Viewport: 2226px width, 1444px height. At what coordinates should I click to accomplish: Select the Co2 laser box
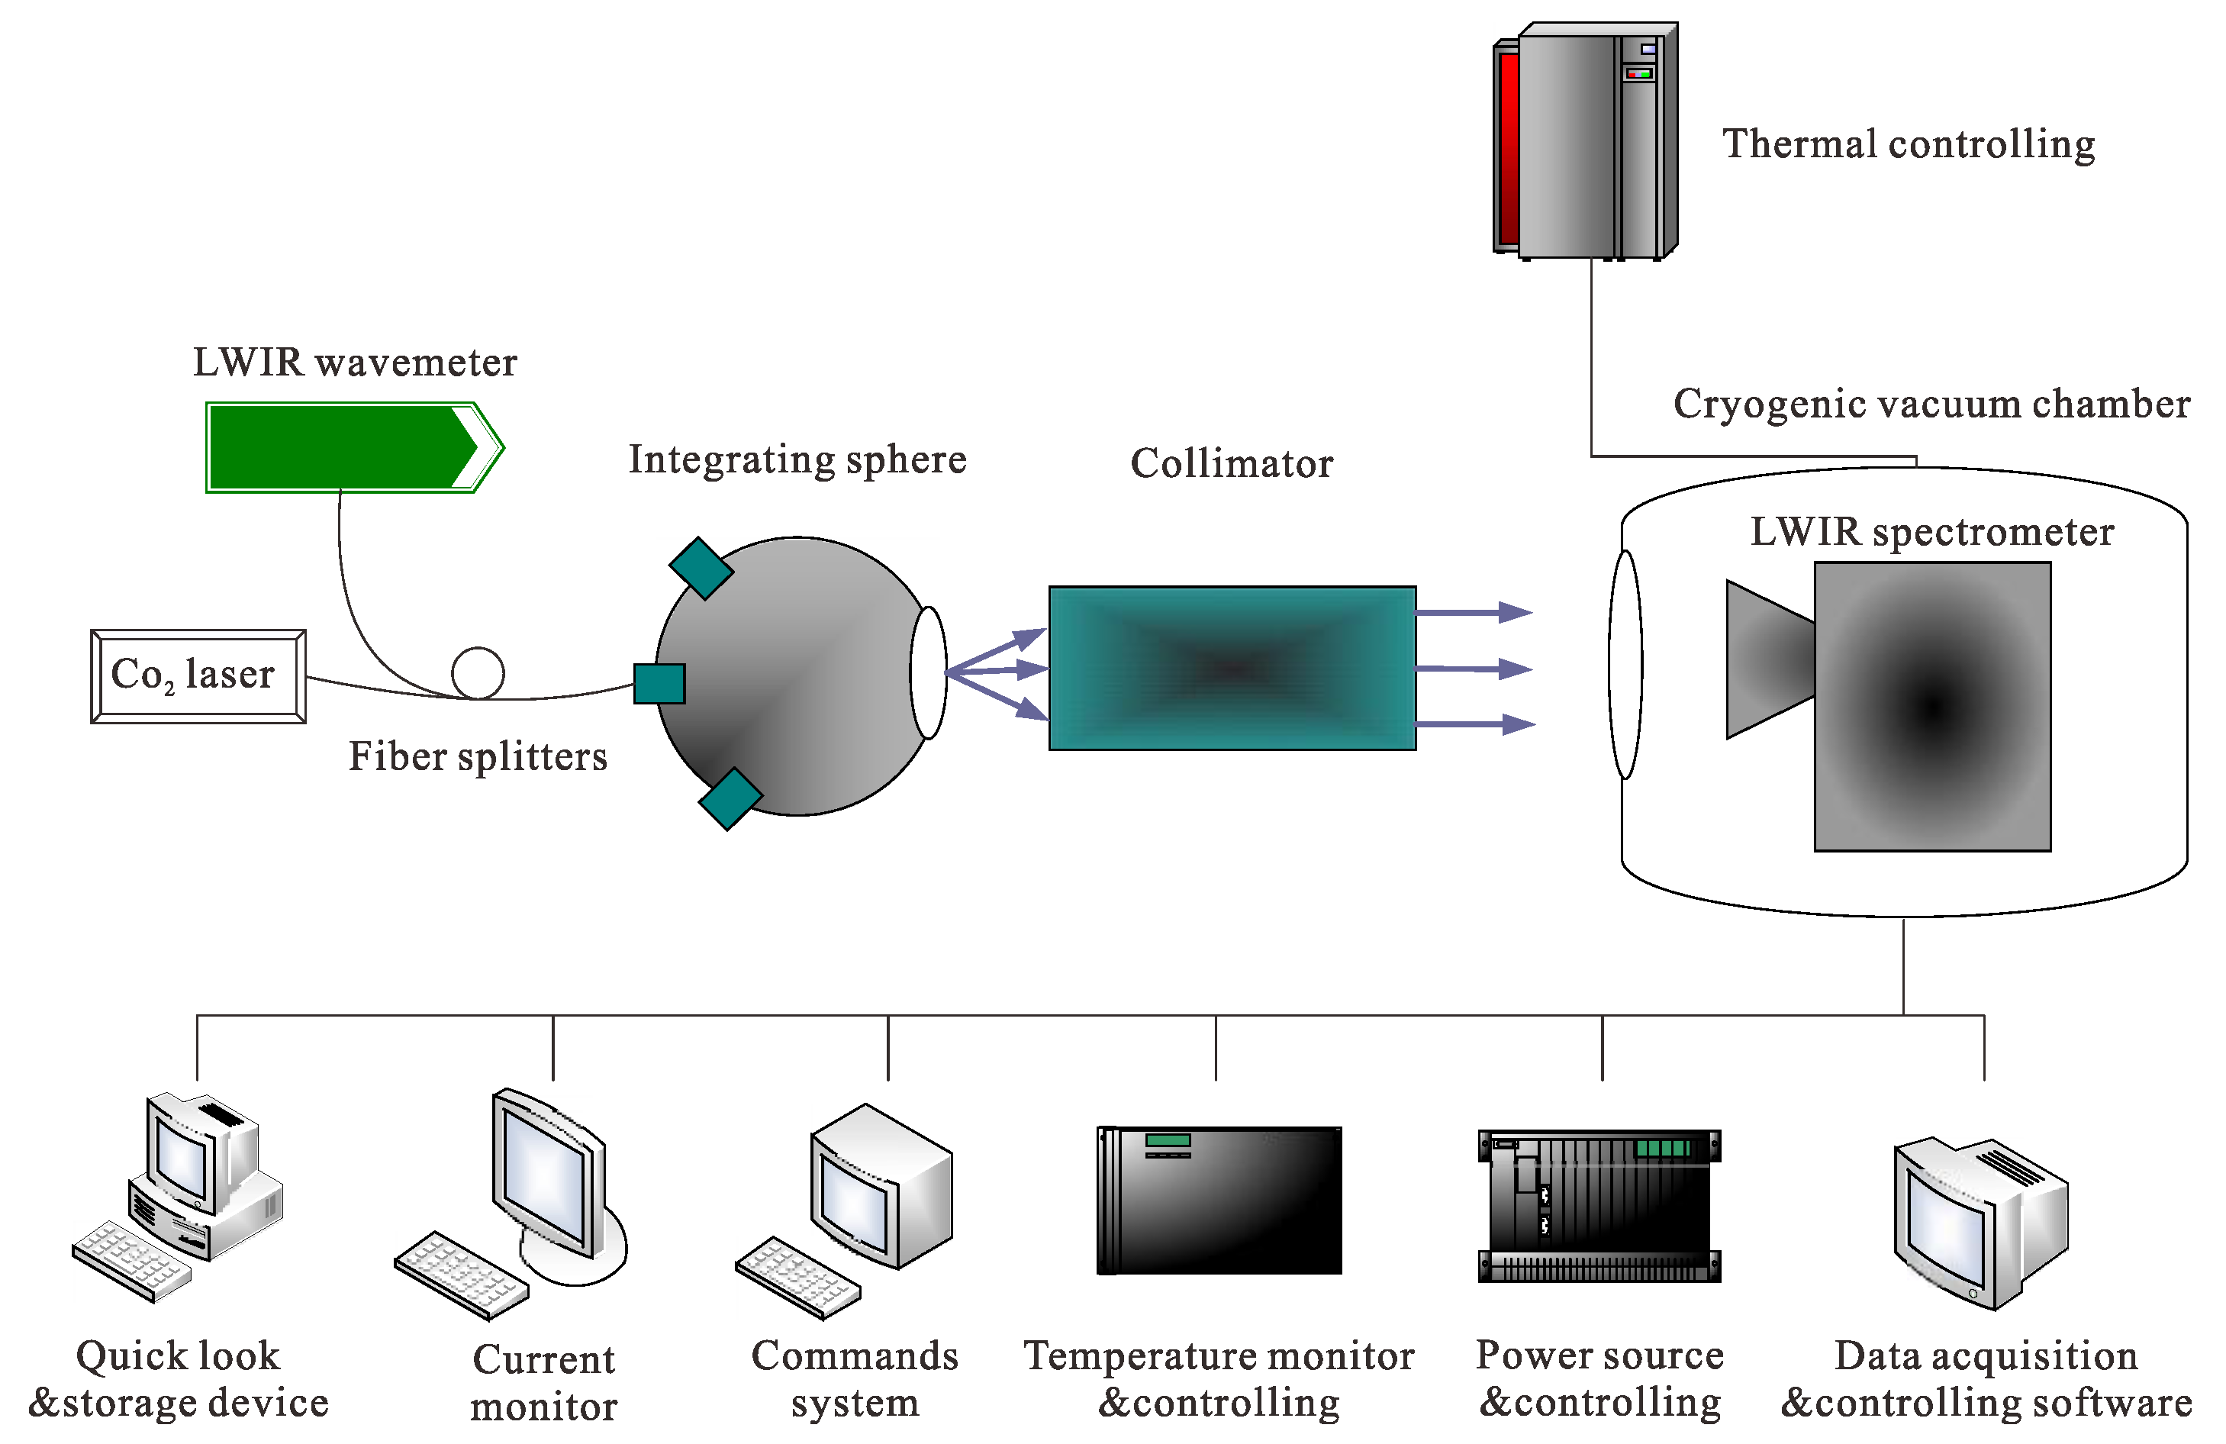[198, 675]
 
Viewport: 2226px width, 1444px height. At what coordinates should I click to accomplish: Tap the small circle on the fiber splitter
[478, 673]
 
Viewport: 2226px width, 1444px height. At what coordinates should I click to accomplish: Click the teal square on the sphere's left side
[659, 684]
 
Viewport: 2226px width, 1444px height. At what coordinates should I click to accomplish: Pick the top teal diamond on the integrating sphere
[701, 568]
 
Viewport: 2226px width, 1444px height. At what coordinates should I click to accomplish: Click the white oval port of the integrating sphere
[929, 672]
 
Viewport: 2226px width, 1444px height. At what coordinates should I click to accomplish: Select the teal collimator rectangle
[1232, 668]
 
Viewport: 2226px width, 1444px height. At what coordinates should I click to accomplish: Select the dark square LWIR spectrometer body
[1932, 706]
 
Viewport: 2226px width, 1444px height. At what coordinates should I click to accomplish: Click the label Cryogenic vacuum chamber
[1931, 404]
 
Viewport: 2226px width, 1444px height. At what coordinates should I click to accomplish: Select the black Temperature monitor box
[1219, 1200]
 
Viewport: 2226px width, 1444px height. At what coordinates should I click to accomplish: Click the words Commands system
[854, 1378]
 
